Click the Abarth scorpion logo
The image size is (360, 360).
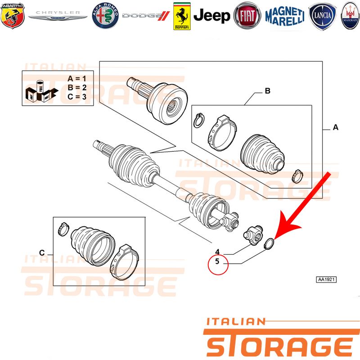[x=13, y=16]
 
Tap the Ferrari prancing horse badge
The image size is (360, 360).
[x=182, y=16]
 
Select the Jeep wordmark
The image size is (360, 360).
[x=211, y=16]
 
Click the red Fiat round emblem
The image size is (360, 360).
[x=247, y=16]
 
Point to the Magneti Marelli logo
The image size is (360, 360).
[x=285, y=16]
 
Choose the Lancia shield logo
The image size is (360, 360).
[x=322, y=16]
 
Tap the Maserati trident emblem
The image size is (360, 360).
[x=351, y=16]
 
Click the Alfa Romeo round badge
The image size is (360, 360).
[x=105, y=16]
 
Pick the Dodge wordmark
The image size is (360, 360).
[x=146, y=16]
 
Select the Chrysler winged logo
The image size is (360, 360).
[x=58, y=15]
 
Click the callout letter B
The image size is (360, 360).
[x=267, y=91]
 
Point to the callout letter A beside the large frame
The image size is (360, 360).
[x=335, y=127]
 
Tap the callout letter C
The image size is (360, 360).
[x=42, y=253]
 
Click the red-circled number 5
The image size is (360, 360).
[x=217, y=261]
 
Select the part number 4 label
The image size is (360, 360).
[x=217, y=252]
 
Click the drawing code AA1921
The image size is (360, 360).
[x=326, y=279]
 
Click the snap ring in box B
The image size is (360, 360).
[x=199, y=120]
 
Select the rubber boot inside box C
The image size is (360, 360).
[x=93, y=246]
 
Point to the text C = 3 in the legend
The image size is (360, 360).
[x=77, y=97]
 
